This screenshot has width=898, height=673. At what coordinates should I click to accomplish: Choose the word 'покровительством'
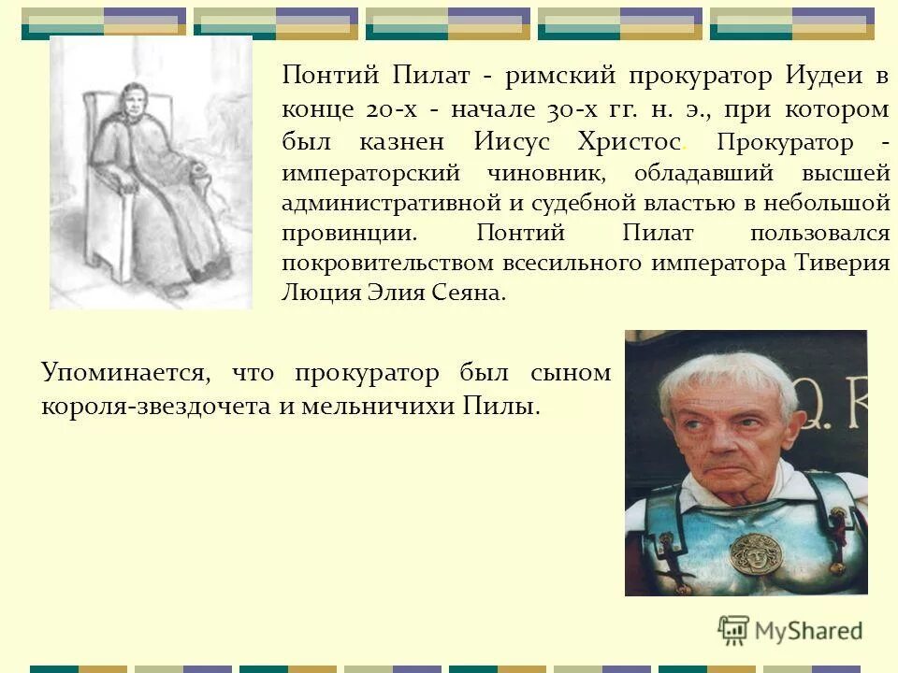tap(390, 262)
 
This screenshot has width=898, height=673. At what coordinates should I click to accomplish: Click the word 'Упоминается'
tap(122, 374)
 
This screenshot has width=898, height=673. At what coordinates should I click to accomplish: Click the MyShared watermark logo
tap(790, 630)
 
